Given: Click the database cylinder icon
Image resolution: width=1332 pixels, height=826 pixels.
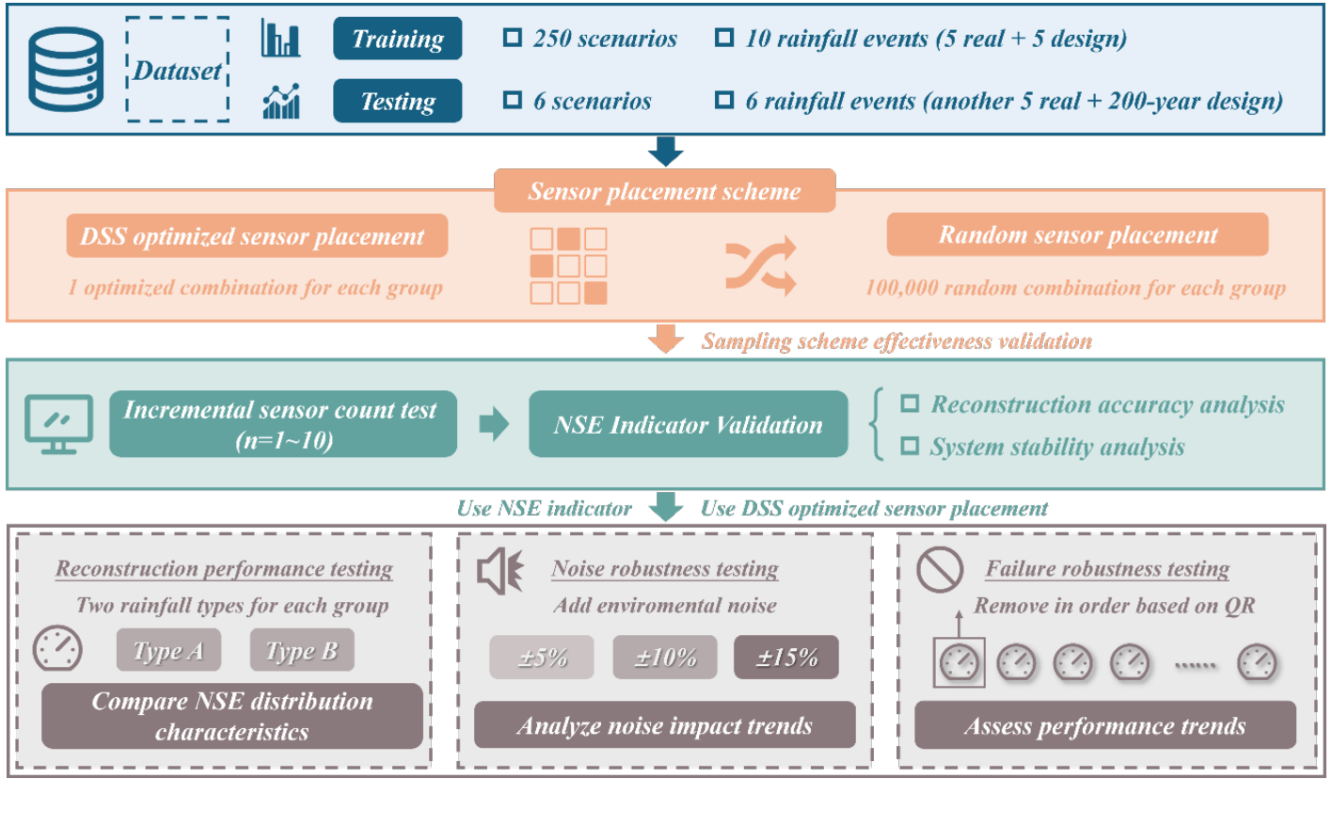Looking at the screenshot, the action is click(66, 69).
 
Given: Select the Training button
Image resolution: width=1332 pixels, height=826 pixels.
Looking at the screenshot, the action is click(397, 39).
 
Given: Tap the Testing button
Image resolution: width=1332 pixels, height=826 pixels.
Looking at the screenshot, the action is click(397, 101).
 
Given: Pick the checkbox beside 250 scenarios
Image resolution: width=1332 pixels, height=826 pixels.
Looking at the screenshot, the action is click(512, 38).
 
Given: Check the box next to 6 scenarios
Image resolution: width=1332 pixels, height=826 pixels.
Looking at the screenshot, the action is click(512, 100).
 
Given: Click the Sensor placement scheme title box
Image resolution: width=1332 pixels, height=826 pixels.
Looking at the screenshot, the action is click(665, 191).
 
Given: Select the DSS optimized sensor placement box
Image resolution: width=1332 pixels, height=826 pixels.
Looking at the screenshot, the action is click(257, 236).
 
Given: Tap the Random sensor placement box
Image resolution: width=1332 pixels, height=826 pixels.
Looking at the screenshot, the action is click(1077, 235).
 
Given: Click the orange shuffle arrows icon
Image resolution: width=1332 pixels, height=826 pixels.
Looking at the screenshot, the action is click(761, 266).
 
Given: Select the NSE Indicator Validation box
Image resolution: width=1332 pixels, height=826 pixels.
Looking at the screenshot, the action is click(688, 424).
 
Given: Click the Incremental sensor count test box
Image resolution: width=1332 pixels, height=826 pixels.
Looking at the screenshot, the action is click(283, 424).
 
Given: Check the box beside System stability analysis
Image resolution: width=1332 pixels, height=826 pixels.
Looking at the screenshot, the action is click(910, 446).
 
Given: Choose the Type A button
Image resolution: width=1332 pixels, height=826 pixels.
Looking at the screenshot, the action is click(169, 650).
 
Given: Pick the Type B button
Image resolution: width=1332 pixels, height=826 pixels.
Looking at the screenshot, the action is click(302, 650).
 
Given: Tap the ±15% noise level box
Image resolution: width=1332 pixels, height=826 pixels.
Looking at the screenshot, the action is click(786, 657).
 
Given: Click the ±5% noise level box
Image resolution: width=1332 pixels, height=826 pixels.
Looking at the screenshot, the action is click(542, 657).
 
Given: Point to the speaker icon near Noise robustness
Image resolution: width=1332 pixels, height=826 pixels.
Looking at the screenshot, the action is click(500, 571).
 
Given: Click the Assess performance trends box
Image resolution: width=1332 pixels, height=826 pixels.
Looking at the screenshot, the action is click(1105, 725).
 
